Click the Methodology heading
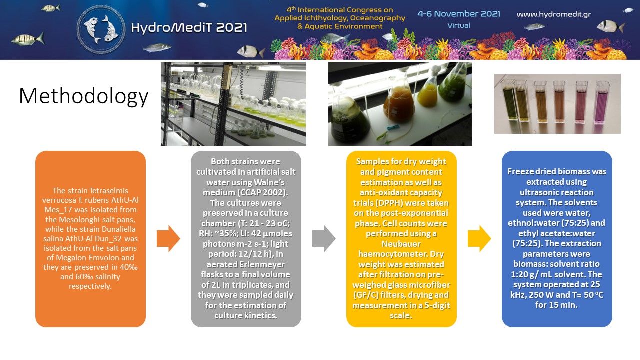tap(83, 96)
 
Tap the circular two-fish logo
tap(101, 29)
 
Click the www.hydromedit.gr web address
tap(554, 14)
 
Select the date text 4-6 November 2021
tap(459, 14)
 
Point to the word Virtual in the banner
tap(459, 25)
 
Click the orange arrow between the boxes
tap(168, 239)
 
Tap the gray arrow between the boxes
tap(324, 239)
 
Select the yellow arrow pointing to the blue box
tap(479, 239)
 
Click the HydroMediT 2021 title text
tap(189, 28)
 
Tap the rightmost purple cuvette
tap(602, 103)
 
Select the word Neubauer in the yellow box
tap(401, 244)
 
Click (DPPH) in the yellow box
tap(389, 203)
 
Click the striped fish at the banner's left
tap(28, 39)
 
